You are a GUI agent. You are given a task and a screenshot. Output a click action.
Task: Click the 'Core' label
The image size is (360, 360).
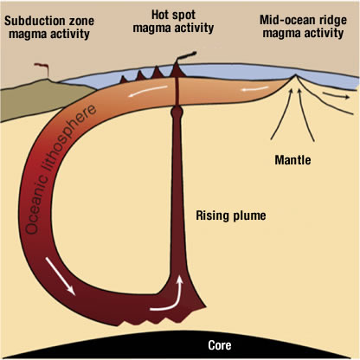coord(220,345)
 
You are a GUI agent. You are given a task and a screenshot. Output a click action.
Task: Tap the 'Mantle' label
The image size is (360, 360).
coord(292,160)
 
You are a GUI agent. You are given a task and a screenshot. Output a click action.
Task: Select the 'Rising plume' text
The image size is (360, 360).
coord(231,215)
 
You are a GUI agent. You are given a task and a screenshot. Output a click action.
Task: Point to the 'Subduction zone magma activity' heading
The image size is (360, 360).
coord(49,27)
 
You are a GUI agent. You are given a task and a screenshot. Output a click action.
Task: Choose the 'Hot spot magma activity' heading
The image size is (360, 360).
coord(173,21)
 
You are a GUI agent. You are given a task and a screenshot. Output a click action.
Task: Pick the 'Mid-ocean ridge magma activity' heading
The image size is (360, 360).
coord(303,27)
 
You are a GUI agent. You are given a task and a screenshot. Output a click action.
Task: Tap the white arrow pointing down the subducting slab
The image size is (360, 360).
coord(60,276)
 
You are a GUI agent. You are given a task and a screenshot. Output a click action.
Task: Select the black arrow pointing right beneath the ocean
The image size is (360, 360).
coord(336,95)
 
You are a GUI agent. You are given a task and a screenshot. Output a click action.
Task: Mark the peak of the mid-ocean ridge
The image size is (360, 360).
coord(295,75)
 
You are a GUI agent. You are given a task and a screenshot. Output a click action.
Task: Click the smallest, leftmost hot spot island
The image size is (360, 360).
coord(124,80)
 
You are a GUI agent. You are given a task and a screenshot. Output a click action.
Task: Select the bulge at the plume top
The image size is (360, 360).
coord(177,112)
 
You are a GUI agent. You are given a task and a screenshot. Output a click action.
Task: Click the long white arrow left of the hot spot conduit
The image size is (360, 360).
coord(148,91)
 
